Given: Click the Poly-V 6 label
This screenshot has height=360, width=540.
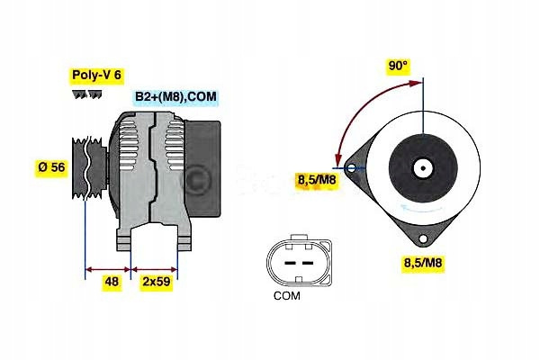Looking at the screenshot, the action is [97, 75].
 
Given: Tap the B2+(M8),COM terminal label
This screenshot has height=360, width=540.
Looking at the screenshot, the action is [175, 96].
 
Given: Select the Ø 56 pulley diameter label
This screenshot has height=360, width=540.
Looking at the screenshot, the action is [51, 167].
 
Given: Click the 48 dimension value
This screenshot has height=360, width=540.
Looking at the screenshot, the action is [112, 282].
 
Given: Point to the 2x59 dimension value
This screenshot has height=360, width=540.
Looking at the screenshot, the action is [157, 282].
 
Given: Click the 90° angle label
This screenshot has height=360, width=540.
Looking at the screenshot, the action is [398, 66].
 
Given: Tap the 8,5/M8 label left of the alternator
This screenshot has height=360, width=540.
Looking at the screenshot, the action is [317, 180].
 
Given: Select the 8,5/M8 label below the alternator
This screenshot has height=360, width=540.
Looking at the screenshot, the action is [423, 263].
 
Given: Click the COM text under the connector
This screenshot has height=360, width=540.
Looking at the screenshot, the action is [286, 295].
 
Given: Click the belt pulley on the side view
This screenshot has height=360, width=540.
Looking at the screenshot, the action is [89, 167].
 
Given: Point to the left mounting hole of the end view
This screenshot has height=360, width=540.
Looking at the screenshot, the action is [352, 168].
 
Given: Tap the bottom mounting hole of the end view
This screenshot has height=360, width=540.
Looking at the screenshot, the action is [423, 238].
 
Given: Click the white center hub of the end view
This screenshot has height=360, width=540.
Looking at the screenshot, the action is [423, 168].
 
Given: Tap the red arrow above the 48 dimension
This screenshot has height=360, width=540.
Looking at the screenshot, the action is [108, 269].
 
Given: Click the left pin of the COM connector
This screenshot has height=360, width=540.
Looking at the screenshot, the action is [291, 263].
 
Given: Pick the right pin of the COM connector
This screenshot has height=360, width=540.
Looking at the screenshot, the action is [308, 263].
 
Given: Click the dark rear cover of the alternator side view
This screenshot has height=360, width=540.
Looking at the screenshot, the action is [202, 168].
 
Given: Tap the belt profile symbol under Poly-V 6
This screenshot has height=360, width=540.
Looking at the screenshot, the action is [86, 94].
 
